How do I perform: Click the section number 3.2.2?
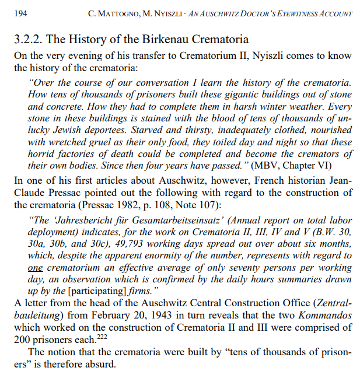(x=27, y=40)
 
